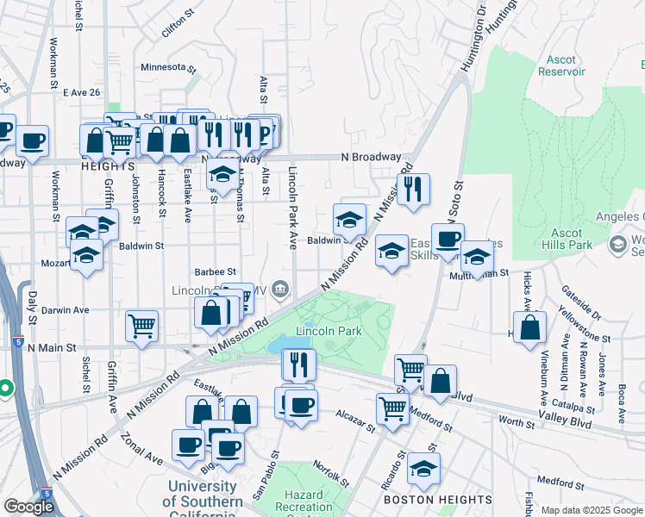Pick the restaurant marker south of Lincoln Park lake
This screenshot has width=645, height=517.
point(299,364)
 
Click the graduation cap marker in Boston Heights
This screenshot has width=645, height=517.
point(424,468)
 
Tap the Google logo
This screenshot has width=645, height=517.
point(28,507)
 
